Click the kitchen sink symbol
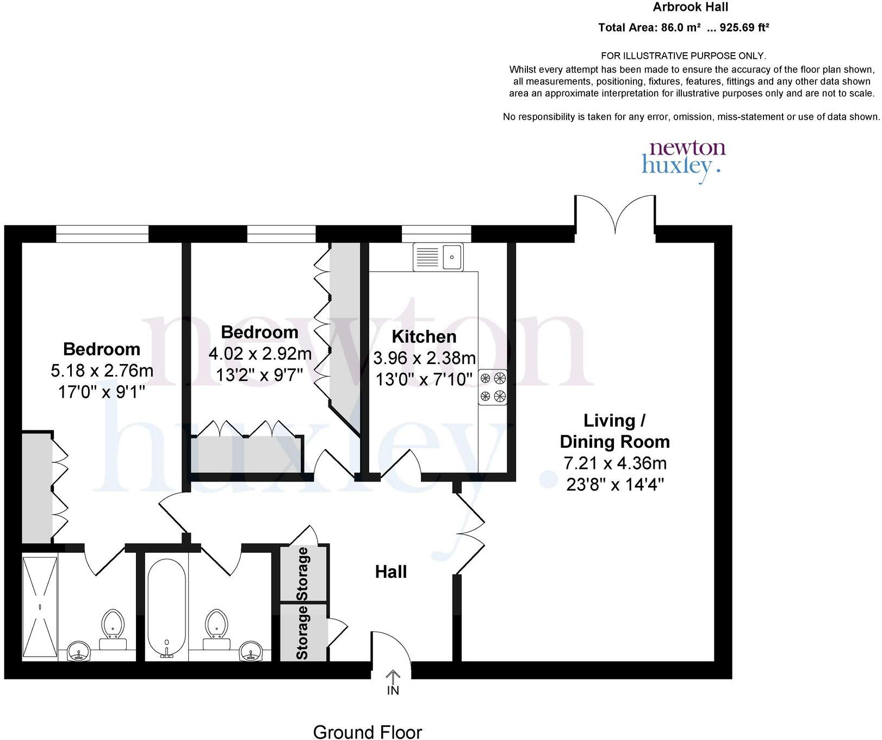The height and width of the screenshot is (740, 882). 438,257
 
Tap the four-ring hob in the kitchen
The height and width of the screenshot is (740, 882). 493,387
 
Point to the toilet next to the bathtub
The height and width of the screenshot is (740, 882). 215,628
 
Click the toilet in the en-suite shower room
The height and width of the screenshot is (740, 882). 113,628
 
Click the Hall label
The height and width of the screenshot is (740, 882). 390,572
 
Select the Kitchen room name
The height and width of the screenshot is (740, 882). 424,337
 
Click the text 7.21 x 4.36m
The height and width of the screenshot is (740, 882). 614,464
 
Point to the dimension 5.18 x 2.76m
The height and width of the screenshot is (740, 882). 102,371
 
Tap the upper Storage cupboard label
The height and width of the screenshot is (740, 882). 303,573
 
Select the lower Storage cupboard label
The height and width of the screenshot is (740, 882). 302,633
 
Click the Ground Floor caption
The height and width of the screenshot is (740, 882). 367,732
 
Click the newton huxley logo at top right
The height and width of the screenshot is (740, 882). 684,157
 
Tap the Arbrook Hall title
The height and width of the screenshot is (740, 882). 690,8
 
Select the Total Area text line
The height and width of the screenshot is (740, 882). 684,28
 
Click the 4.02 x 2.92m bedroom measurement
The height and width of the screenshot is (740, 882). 260,354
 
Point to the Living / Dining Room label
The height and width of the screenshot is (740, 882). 614,431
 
